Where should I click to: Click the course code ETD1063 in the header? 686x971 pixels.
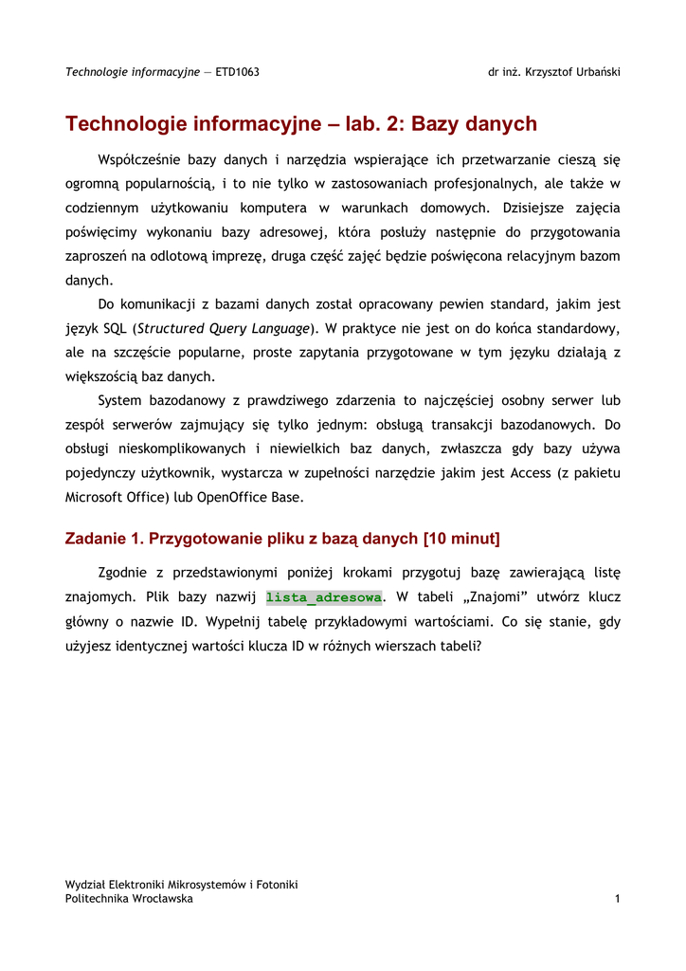237,72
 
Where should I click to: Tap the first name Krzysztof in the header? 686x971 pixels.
542,72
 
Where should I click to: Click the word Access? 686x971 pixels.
536,472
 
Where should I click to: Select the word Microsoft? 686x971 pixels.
95,496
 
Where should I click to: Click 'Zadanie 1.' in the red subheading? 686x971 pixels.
102,540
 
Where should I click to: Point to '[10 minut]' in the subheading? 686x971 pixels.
462,540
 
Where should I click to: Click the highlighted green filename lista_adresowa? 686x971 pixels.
324,597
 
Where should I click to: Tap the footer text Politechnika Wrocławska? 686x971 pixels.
129,899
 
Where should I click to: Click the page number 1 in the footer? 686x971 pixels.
617,899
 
